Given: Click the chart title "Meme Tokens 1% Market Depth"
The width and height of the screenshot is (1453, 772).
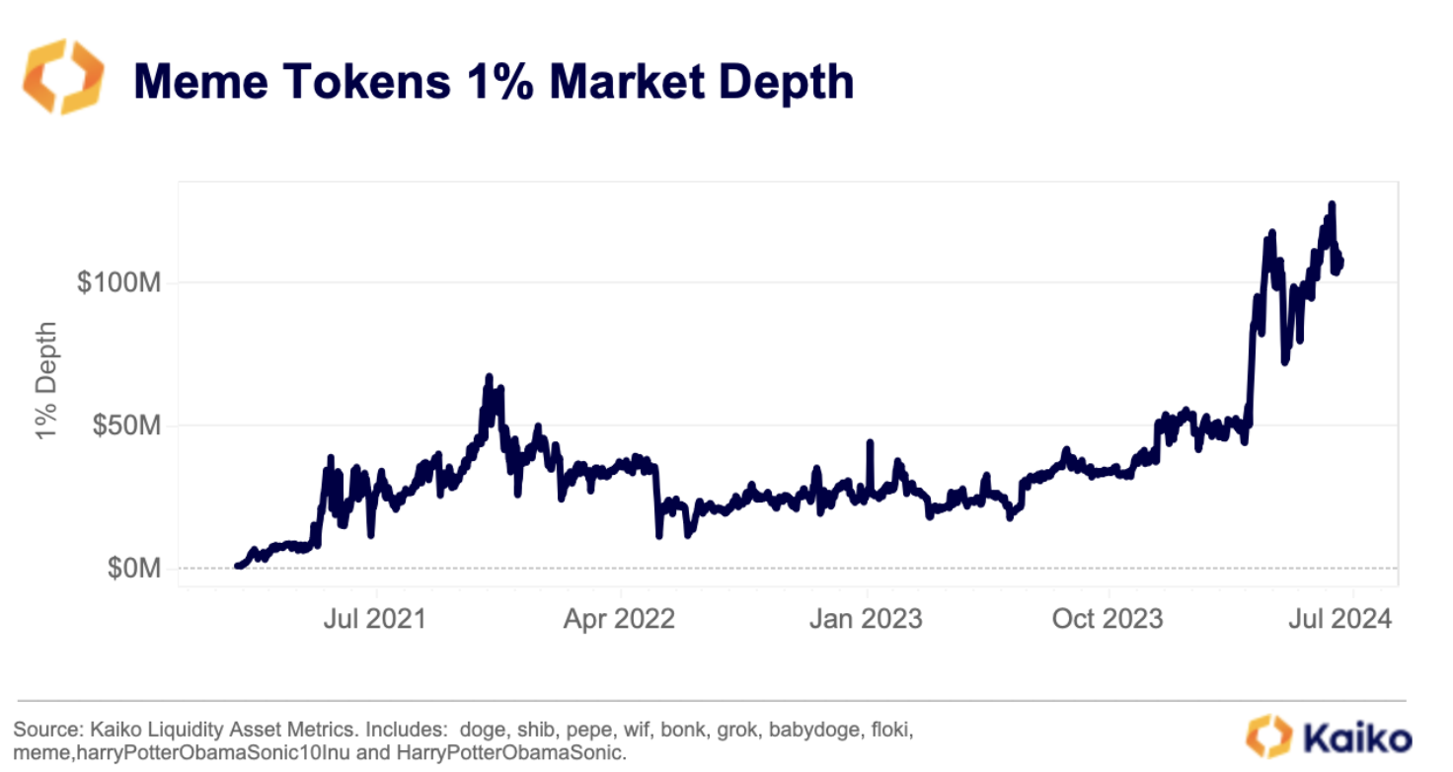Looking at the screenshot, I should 494,81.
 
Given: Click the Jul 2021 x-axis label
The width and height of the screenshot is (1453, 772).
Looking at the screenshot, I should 375,619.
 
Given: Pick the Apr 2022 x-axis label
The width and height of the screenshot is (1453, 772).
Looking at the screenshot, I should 620,619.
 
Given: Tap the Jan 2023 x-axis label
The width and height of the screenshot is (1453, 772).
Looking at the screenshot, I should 866,619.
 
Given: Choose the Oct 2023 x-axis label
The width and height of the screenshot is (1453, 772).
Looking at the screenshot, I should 1109,619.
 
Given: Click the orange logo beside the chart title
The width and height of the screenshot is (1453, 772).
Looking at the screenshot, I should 62,76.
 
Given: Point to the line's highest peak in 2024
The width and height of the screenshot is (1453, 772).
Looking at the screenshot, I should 1332,204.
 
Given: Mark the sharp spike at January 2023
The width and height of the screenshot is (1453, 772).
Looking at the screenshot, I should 870,442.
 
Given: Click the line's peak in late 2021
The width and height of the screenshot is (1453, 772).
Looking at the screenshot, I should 488,376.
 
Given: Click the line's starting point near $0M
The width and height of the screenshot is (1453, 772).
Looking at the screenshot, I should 237,566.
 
